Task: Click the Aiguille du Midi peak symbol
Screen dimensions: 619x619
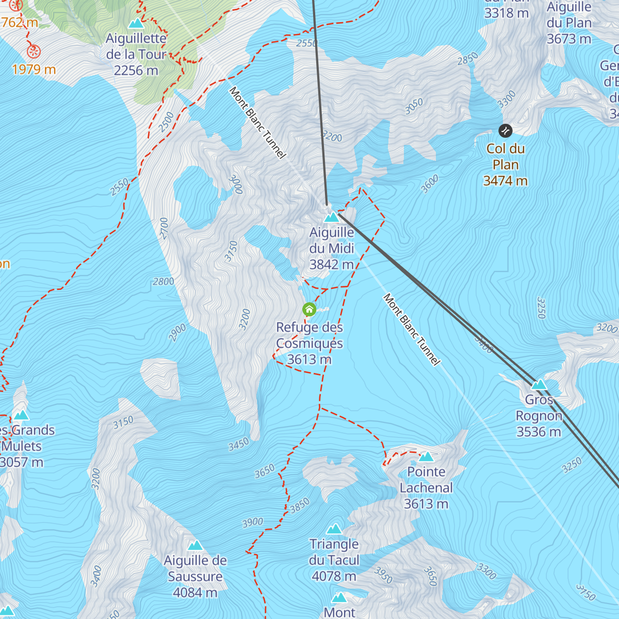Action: (x=331, y=217)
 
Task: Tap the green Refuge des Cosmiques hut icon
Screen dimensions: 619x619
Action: (x=309, y=309)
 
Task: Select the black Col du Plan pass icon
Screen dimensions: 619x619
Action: (x=506, y=131)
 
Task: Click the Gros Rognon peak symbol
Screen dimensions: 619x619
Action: (x=539, y=385)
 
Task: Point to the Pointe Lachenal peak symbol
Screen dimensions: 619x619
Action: (x=426, y=457)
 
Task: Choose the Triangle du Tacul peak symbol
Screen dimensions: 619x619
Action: (x=334, y=529)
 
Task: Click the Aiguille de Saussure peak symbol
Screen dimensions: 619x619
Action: (x=195, y=545)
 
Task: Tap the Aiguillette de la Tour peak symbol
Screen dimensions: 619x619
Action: (x=136, y=23)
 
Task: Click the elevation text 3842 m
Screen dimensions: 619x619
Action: (x=332, y=265)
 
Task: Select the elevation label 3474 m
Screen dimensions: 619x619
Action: (x=505, y=181)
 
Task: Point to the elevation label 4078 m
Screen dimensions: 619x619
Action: (x=334, y=576)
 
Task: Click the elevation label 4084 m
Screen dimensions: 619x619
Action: (x=195, y=593)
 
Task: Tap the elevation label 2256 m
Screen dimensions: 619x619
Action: (x=136, y=71)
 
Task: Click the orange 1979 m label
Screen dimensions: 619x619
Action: (x=34, y=70)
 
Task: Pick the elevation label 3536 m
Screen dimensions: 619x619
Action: (x=539, y=432)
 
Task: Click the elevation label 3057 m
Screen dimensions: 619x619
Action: (x=22, y=462)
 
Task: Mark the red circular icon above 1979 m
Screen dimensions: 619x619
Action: (x=34, y=52)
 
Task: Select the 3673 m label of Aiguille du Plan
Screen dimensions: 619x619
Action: (x=569, y=39)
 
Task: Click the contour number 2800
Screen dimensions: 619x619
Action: (x=164, y=282)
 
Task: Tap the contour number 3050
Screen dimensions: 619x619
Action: (x=414, y=106)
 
